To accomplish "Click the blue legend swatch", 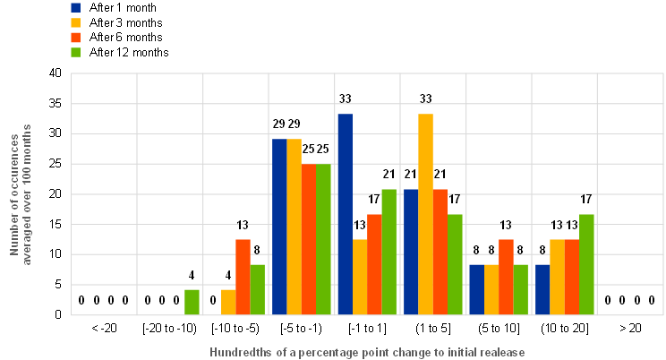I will pos(75,8).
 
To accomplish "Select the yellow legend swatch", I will pos(75,22).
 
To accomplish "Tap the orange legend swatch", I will pos(75,38).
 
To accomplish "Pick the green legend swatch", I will pos(75,52).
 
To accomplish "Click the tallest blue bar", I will pos(345,214).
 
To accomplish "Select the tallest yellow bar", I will pos(426,214).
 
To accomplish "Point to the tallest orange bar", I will pos(309,239).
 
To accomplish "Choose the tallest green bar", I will pos(324,239).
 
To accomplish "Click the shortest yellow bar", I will pos(228,302).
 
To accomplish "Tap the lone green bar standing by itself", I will pos(192,302).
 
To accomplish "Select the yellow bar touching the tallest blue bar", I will pos(360,277).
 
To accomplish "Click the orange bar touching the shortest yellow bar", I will pos(243,277).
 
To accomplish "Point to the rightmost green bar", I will pos(587,264).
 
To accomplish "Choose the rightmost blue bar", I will pos(542,289).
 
